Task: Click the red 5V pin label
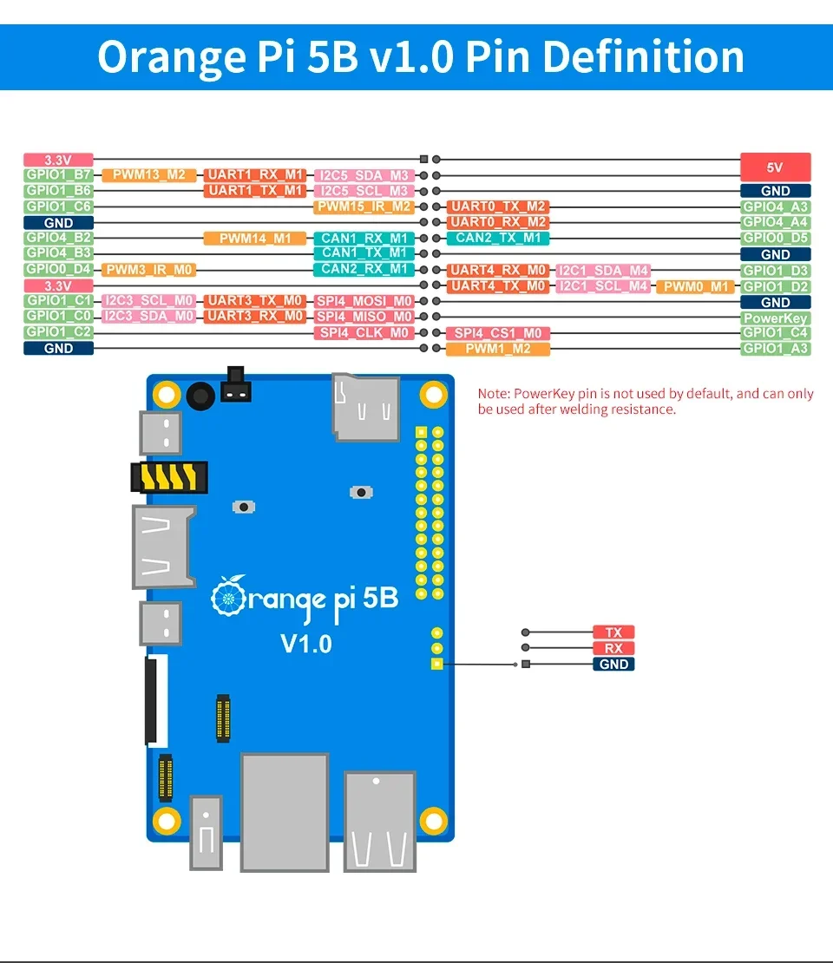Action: [x=776, y=167]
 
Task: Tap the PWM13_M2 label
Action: [x=149, y=175]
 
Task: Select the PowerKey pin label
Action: [x=776, y=318]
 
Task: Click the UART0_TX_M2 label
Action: [x=498, y=206]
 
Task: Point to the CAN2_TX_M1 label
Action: [x=498, y=238]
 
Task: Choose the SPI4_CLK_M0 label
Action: [x=364, y=333]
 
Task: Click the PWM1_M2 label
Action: [x=498, y=349]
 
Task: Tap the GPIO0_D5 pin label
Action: [x=776, y=238]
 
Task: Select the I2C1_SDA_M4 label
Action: [x=603, y=271]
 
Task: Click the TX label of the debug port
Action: [x=613, y=632]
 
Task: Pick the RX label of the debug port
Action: [x=613, y=648]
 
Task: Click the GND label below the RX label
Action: [x=613, y=665]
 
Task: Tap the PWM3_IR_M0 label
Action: [x=149, y=270]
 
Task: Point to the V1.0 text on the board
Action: [x=305, y=644]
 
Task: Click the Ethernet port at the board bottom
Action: [x=285, y=811]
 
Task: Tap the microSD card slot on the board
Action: [x=366, y=406]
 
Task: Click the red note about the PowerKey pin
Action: [x=646, y=401]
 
